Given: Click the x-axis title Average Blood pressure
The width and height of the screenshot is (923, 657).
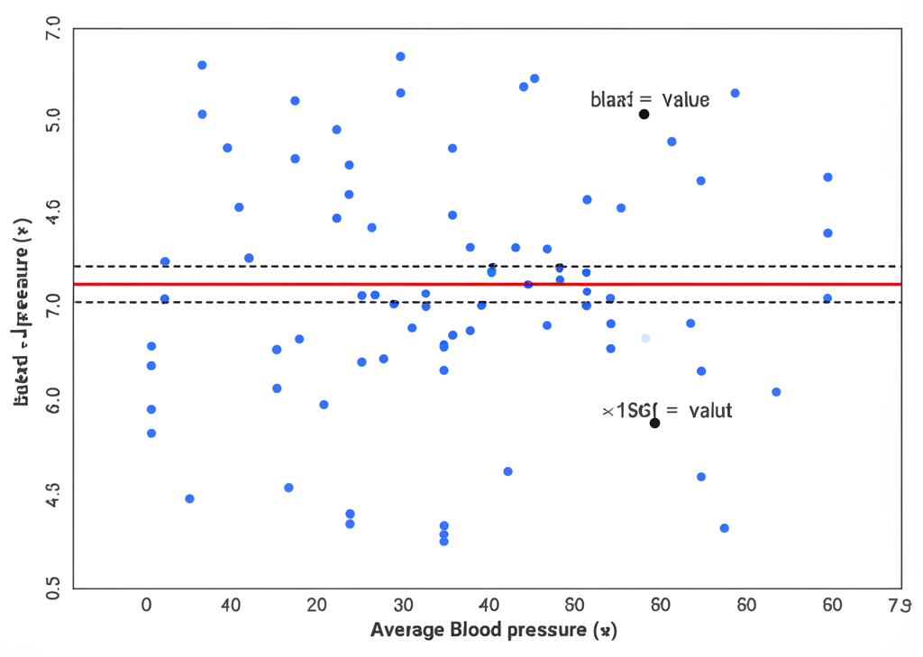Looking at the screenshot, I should (x=493, y=630).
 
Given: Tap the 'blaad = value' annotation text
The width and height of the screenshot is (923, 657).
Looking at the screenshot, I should (x=650, y=99).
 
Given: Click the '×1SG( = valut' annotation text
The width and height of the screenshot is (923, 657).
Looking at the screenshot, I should (x=667, y=411).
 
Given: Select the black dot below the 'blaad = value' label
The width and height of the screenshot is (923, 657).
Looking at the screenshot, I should (x=644, y=114).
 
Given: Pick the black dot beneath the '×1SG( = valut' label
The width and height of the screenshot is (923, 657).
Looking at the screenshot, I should (x=654, y=423).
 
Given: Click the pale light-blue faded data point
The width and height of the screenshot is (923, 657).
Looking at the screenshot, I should (x=645, y=338).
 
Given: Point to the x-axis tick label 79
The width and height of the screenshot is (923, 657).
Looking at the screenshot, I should (x=900, y=605).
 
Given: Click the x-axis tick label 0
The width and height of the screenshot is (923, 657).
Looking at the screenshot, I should (x=147, y=605).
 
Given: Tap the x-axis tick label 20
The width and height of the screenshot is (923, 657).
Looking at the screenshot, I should (x=317, y=605).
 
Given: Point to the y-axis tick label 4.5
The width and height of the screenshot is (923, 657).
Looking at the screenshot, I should (x=53, y=495).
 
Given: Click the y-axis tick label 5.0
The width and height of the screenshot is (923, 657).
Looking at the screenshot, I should (x=53, y=120).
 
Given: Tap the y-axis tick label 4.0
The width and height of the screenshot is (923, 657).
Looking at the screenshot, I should (x=53, y=214).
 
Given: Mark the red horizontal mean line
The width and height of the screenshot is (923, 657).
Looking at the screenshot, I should (x=270, y=284).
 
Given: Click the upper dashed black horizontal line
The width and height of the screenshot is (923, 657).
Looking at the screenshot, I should (x=270, y=266).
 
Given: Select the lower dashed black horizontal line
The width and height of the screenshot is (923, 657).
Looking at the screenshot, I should (x=270, y=302).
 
